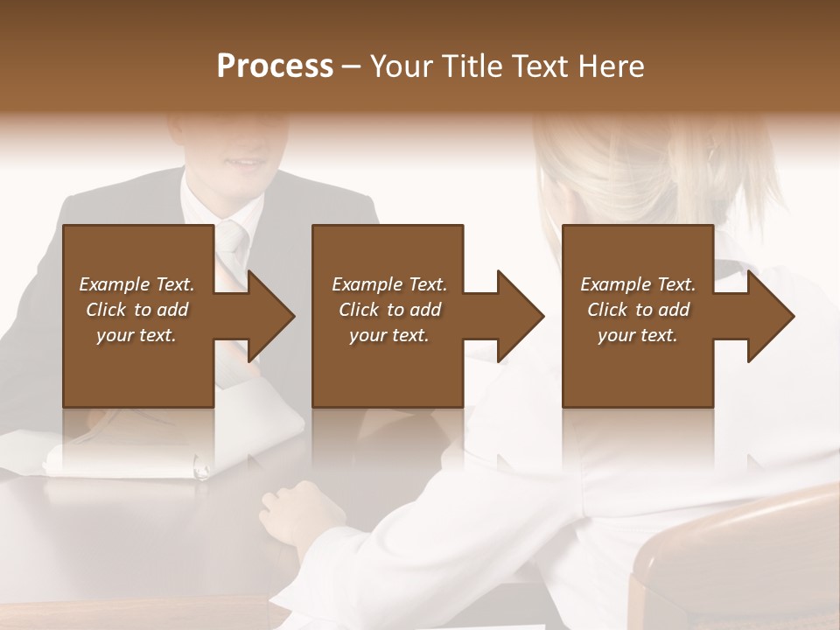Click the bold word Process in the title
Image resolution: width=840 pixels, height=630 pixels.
click(275, 66)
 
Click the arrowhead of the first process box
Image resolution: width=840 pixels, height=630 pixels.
click(268, 316)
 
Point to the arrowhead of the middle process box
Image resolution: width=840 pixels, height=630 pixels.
click(517, 316)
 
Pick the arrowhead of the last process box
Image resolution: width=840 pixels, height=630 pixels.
click(767, 316)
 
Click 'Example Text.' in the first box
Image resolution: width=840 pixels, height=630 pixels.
click(136, 284)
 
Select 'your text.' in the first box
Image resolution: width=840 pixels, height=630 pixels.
click(136, 335)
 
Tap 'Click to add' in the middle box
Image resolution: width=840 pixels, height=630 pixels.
click(389, 310)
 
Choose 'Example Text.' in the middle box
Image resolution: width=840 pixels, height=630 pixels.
click(389, 284)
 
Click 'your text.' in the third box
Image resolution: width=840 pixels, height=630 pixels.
click(638, 335)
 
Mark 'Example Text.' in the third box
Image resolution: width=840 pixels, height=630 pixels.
click(638, 284)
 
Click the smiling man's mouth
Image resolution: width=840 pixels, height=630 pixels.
click(238, 162)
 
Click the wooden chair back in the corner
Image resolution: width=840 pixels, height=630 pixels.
click(735, 560)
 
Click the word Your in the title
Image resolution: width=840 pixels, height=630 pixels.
click(403, 66)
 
